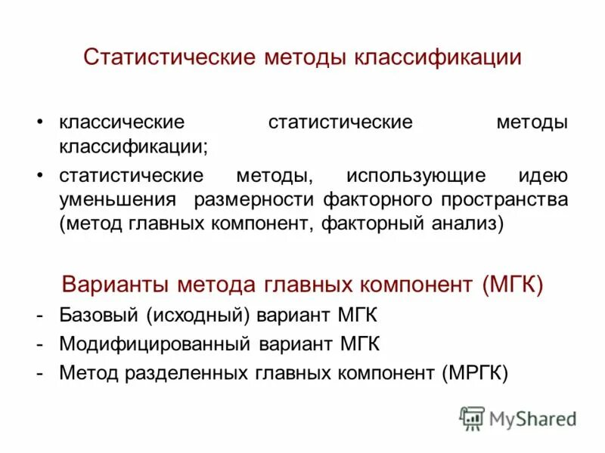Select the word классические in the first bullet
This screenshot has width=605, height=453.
(122, 122)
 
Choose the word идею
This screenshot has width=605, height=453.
(542, 176)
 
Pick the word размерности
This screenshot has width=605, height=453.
(255, 200)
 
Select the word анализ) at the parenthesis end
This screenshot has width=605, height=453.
(470, 224)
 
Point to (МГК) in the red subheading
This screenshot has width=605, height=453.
(511, 285)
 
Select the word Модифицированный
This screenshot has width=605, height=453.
(155, 344)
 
